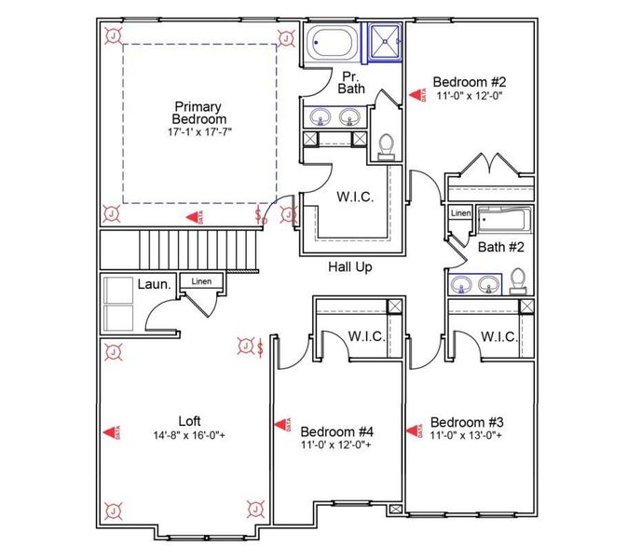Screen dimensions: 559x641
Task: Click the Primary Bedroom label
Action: [x=198, y=113]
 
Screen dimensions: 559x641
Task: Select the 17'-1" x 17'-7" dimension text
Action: [x=198, y=133]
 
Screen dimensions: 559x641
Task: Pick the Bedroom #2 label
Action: [x=469, y=81]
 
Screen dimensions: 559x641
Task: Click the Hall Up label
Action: [x=349, y=267]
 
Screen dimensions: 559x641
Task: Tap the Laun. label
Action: [x=153, y=284]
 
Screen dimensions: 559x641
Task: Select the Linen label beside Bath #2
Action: [x=460, y=213]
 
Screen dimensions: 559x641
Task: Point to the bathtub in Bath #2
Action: [x=503, y=222]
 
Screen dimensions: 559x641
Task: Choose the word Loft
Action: [x=189, y=420]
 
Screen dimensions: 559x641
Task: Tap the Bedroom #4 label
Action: [x=336, y=431]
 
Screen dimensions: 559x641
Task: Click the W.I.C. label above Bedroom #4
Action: [x=366, y=336]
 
